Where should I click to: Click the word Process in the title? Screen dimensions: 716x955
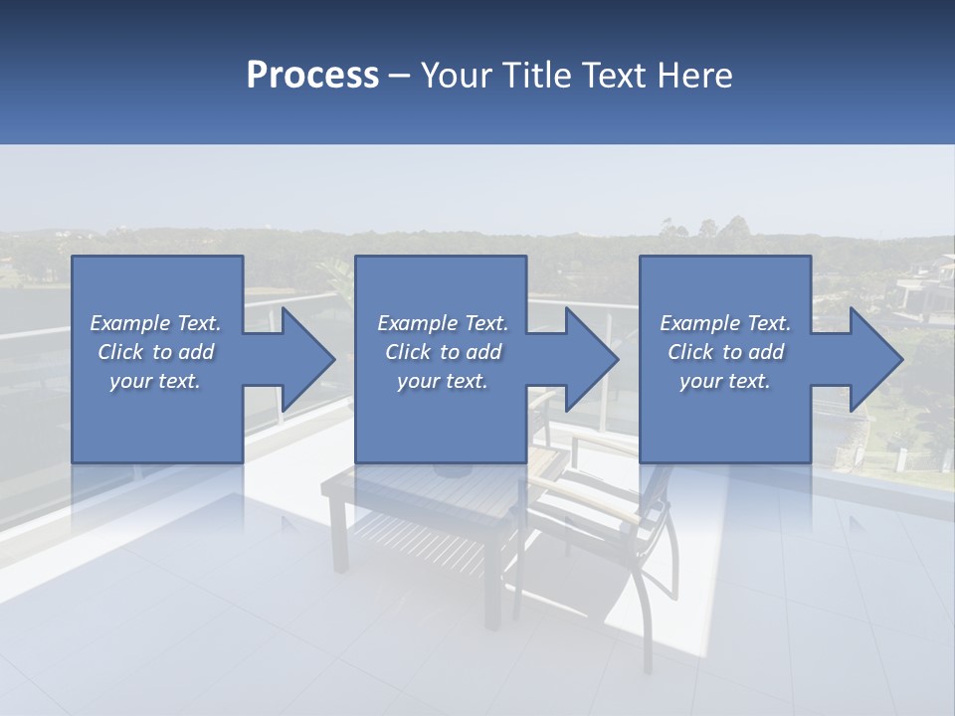point(312,76)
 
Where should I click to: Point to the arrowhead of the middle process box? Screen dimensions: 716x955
point(589,359)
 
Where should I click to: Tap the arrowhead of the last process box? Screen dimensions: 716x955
point(872,359)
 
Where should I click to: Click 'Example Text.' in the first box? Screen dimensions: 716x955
point(156,323)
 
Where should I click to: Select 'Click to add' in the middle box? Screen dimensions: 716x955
point(443,352)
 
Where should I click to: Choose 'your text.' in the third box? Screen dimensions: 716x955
point(725,381)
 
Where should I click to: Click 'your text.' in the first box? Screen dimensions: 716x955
point(156,381)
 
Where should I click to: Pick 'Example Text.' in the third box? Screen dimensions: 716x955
point(725,323)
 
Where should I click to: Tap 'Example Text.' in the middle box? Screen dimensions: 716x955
point(443,323)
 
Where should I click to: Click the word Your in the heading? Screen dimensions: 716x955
point(454,76)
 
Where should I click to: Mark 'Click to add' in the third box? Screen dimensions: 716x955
point(725,352)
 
